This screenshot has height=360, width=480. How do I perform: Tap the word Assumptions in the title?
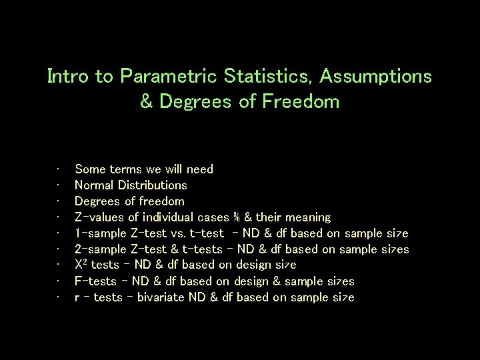coord(375,77)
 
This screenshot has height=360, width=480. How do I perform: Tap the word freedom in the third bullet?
coord(160,201)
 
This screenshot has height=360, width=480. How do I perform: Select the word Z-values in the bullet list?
coord(99,217)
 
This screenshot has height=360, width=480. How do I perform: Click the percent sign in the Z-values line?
coord(237,217)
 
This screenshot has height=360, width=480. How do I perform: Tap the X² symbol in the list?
coord(81,265)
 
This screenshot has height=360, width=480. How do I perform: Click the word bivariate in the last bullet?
coord(163,297)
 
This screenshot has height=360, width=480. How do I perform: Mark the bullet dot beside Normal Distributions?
coord(60,185)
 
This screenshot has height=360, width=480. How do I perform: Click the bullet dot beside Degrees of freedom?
coord(60,201)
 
